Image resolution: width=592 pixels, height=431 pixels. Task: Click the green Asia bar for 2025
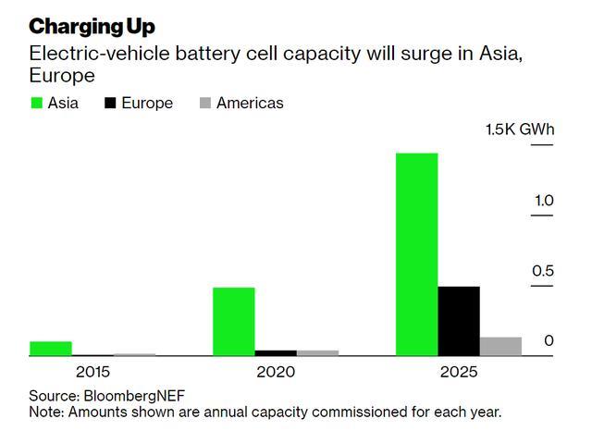point(416,253)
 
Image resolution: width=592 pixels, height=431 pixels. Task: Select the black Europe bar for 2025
point(459,320)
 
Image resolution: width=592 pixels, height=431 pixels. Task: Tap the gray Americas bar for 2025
point(500,346)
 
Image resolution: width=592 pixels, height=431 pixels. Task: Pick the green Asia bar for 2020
point(233,321)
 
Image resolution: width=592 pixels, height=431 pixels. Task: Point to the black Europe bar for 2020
point(276,352)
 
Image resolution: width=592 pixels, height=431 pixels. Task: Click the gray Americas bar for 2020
point(317,352)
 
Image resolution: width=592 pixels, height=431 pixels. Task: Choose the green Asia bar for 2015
point(51,348)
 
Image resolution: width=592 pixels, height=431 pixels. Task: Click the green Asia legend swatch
point(37,104)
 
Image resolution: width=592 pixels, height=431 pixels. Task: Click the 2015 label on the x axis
point(92,373)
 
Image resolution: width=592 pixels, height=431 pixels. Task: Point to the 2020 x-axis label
point(276,373)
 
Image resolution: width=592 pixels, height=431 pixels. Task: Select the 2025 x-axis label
point(459,373)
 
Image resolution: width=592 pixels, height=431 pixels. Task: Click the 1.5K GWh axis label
point(520,129)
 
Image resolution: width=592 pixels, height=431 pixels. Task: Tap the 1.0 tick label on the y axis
point(543,201)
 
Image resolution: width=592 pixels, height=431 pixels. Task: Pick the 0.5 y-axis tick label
point(543,271)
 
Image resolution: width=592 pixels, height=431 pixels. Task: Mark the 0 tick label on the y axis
point(549,341)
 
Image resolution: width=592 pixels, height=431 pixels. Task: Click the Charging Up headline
point(92,26)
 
